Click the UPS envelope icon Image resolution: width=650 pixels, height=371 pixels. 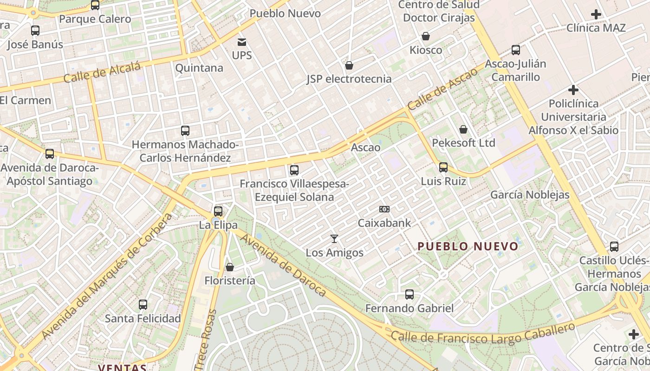(242, 42)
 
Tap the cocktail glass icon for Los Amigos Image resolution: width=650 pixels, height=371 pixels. (334, 239)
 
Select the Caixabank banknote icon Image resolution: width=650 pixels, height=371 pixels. (384, 209)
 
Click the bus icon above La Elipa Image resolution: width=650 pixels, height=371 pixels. (218, 211)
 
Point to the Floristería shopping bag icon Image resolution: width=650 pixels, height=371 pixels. (229, 267)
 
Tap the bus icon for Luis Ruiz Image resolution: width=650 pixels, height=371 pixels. (443, 167)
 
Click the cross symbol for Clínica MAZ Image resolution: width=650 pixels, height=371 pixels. (596, 14)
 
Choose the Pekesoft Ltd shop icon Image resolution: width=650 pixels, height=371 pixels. (463, 129)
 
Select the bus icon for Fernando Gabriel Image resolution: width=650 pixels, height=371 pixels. (409, 294)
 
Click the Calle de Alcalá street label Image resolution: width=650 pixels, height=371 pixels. (102, 73)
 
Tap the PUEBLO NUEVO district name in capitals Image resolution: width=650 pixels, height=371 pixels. (468, 246)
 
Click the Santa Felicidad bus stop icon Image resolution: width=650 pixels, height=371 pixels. (143, 305)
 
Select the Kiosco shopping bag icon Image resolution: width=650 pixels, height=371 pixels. (426, 36)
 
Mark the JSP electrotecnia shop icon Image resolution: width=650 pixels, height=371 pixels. (349, 65)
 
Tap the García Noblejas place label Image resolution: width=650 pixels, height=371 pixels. (530, 195)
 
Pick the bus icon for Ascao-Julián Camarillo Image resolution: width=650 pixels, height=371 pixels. (516, 50)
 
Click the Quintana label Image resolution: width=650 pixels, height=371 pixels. (199, 68)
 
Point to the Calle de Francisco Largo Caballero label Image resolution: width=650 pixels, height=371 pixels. (483, 334)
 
